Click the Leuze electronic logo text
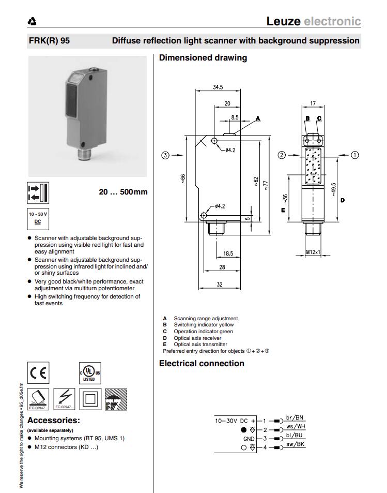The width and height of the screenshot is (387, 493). click(313, 21)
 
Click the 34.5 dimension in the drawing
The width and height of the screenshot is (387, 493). click(218, 87)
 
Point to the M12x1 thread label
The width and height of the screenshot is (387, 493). click(313, 252)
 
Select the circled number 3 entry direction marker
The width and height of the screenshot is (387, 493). click(165, 155)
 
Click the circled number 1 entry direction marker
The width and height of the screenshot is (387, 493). click(355, 155)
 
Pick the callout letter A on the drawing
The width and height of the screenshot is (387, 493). click(258, 118)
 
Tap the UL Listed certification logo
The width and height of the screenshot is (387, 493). click(89, 372)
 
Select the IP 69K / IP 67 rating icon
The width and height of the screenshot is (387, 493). click(116, 399)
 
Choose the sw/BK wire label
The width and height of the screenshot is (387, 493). click(295, 444)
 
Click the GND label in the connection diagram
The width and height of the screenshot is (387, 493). click(249, 438)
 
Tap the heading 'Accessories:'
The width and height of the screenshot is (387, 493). click(53, 421)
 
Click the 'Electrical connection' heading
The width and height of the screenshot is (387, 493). click(202, 363)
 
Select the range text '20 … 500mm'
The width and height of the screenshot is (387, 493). click(123, 192)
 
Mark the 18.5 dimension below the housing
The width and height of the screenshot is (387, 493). click(228, 253)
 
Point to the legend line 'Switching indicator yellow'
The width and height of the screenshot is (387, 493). click(204, 325)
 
